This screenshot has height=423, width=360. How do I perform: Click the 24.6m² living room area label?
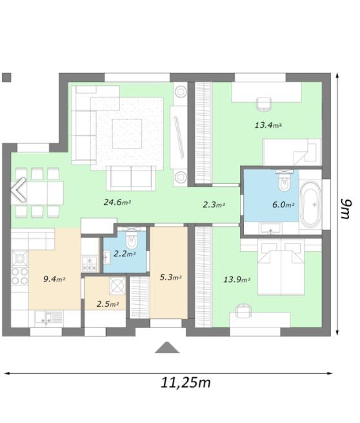pos(117,202)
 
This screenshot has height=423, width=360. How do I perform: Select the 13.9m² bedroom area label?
pos(237,279)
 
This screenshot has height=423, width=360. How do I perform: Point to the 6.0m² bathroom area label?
pos(283,205)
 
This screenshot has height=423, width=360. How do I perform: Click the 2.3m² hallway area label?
pos(214,205)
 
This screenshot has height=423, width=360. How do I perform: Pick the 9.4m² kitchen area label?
pos(54,279)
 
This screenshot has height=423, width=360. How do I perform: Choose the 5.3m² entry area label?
pos(170,278)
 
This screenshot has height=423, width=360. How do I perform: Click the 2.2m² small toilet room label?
pos(124,254)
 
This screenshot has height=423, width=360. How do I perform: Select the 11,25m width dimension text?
pos(186,383)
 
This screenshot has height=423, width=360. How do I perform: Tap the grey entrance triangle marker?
pos(168,347)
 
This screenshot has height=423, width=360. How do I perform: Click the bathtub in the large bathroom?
pos(310,205)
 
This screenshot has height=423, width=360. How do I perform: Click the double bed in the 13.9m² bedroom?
pos(281,263)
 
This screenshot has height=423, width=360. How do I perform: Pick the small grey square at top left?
pos(6,77)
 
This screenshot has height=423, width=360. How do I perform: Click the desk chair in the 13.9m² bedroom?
pos(243,311)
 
